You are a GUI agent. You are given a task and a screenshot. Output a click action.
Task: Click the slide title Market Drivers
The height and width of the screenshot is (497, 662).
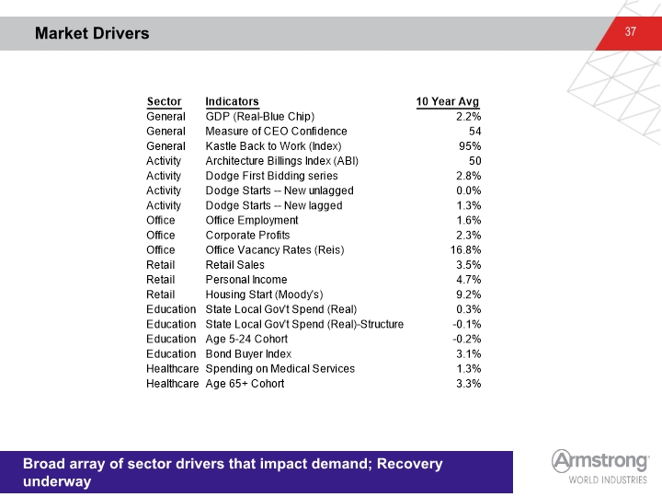point(92,33)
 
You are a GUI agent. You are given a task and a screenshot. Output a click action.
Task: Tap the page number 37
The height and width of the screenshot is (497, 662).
point(631,31)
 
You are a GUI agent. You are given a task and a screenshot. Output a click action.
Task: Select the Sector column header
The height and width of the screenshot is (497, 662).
point(165,102)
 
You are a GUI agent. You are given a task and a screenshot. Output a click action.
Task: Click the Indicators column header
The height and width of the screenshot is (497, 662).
point(233,102)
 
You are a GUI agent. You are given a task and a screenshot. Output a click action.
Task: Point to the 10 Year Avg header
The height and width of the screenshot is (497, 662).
point(448,102)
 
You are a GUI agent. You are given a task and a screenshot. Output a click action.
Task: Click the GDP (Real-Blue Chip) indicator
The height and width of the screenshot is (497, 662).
point(260,117)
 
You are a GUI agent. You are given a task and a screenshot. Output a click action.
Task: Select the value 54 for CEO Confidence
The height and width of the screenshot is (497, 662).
point(475,132)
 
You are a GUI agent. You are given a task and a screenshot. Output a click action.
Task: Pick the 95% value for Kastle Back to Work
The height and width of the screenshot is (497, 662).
point(470,146)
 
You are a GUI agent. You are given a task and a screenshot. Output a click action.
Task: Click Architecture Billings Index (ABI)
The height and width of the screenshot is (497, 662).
point(282,161)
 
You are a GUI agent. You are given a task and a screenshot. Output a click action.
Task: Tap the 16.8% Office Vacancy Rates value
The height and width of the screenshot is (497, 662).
point(465,250)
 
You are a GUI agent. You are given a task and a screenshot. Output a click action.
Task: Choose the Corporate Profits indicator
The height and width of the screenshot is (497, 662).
point(248,236)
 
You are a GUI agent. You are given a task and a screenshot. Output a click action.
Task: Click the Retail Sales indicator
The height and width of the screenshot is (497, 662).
point(235,265)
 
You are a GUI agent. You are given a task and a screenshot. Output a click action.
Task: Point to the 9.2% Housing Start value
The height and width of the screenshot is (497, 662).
point(469,295)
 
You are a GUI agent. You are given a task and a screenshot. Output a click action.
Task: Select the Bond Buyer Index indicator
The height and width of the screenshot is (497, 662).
point(248,354)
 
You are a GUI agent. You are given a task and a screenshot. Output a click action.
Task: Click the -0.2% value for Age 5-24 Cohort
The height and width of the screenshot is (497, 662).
point(467,339)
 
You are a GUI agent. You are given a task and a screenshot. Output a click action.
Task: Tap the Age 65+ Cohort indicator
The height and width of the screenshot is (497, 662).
point(245,384)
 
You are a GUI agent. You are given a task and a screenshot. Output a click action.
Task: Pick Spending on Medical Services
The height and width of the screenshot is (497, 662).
point(280,369)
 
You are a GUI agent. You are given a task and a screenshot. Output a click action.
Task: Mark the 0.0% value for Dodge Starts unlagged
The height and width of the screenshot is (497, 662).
point(469,191)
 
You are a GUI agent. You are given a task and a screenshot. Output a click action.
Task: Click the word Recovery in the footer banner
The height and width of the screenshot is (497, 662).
point(409,464)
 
